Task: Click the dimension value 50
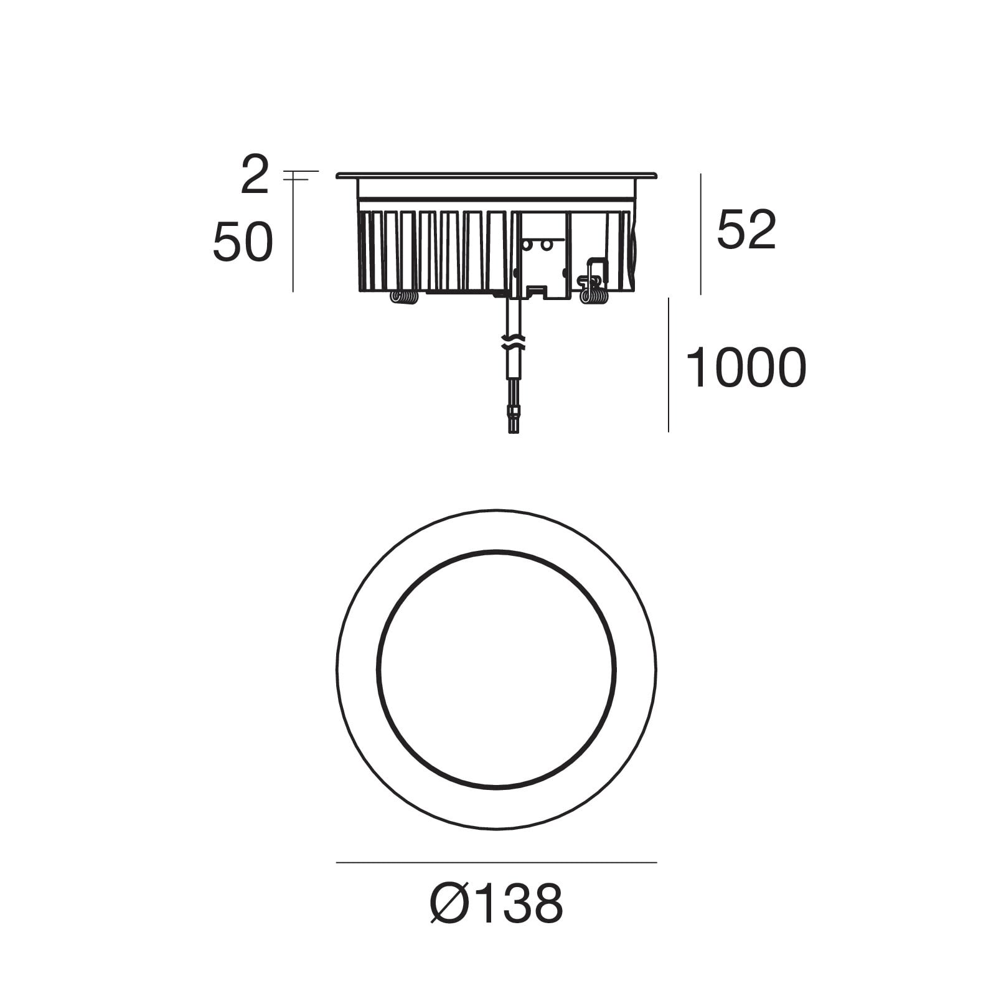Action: (243, 242)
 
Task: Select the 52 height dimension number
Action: (746, 230)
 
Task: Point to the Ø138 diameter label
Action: (497, 903)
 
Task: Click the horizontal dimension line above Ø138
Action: (496, 863)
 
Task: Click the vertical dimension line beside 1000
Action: (669, 365)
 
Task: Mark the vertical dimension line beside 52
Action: (701, 234)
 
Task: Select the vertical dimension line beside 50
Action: (293, 235)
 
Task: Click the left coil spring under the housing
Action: (404, 298)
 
